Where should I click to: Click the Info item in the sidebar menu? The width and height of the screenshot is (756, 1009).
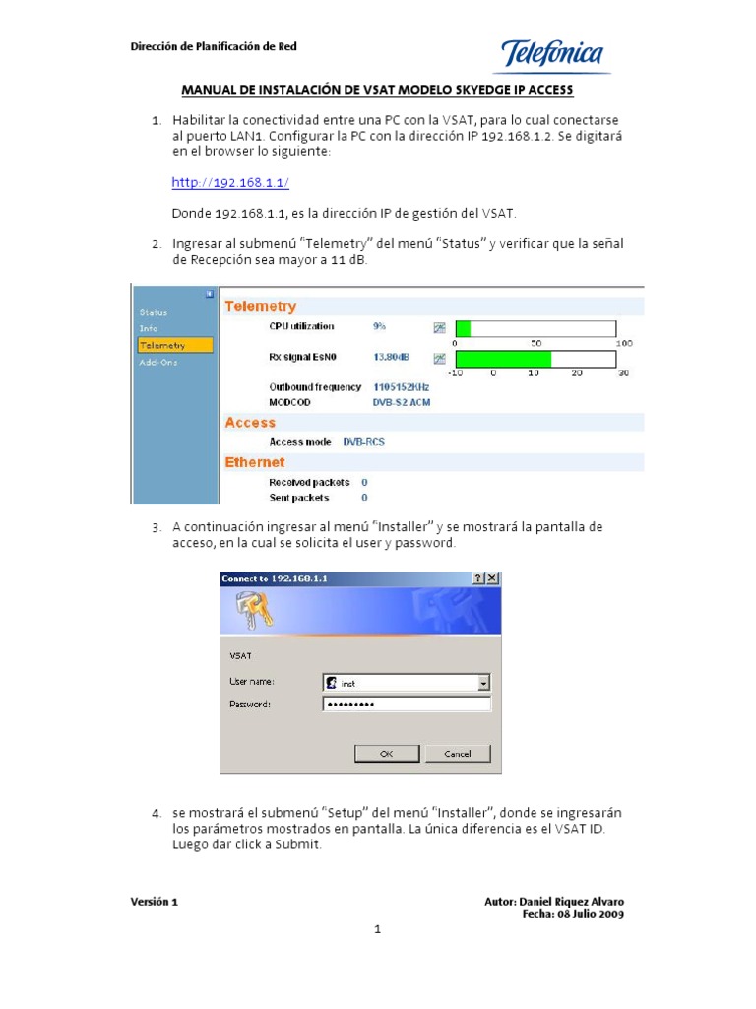(149, 328)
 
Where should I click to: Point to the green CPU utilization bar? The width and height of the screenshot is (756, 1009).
(463, 328)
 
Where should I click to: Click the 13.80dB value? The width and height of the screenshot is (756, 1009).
(392, 358)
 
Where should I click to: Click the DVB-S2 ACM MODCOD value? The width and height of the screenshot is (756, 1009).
(401, 402)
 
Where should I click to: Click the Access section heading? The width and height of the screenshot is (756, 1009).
(250, 422)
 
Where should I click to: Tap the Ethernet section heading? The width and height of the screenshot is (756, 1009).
(255, 462)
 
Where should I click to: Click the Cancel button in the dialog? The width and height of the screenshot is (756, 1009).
(458, 753)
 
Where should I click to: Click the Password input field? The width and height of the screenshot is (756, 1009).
(406, 704)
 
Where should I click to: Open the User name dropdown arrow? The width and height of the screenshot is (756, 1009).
(483, 682)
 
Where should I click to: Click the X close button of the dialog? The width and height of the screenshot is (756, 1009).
(492, 578)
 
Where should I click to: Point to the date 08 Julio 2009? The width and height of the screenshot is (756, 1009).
(590, 914)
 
